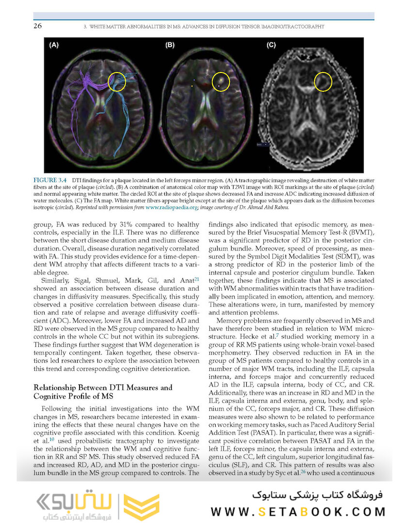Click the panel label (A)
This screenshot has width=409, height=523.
54,45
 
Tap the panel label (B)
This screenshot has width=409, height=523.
170,45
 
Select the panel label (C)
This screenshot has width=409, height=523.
271,45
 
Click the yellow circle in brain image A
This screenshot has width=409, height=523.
117,82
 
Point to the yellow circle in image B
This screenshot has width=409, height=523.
221,81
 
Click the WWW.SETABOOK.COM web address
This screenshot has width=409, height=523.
298,512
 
